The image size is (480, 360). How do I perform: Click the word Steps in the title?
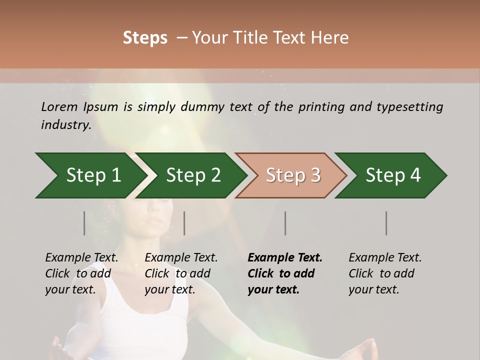point(145,38)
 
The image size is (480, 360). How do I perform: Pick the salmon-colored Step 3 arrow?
point(293,175)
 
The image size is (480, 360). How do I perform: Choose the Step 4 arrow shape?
point(393,175)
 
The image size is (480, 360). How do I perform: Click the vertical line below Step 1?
point(84,223)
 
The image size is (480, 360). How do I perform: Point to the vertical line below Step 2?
point(184,223)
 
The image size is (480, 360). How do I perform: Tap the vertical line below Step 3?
point(285,223)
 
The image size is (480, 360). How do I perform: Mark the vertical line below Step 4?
point(386,223)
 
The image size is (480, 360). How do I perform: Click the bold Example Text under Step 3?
point(285,258)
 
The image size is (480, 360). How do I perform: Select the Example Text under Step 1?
point(81,258)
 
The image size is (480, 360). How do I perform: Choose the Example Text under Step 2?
point(181,258)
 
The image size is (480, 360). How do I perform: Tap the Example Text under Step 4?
point(385,258)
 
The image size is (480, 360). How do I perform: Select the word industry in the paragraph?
point(65,125)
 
